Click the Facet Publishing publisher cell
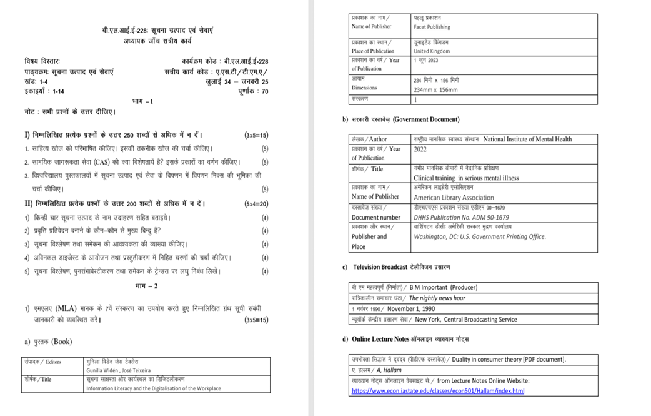(431, 27)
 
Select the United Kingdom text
(430, 51)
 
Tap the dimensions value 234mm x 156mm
(435, 89)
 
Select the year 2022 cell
(421, 150)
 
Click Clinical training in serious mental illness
(466, 178)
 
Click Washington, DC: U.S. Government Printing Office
(480, 236)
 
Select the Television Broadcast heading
(380, 267)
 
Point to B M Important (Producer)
(444, 287)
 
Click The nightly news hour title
(437, 298)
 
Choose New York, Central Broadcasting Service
(465, 320)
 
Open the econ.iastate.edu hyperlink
(438, 391)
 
